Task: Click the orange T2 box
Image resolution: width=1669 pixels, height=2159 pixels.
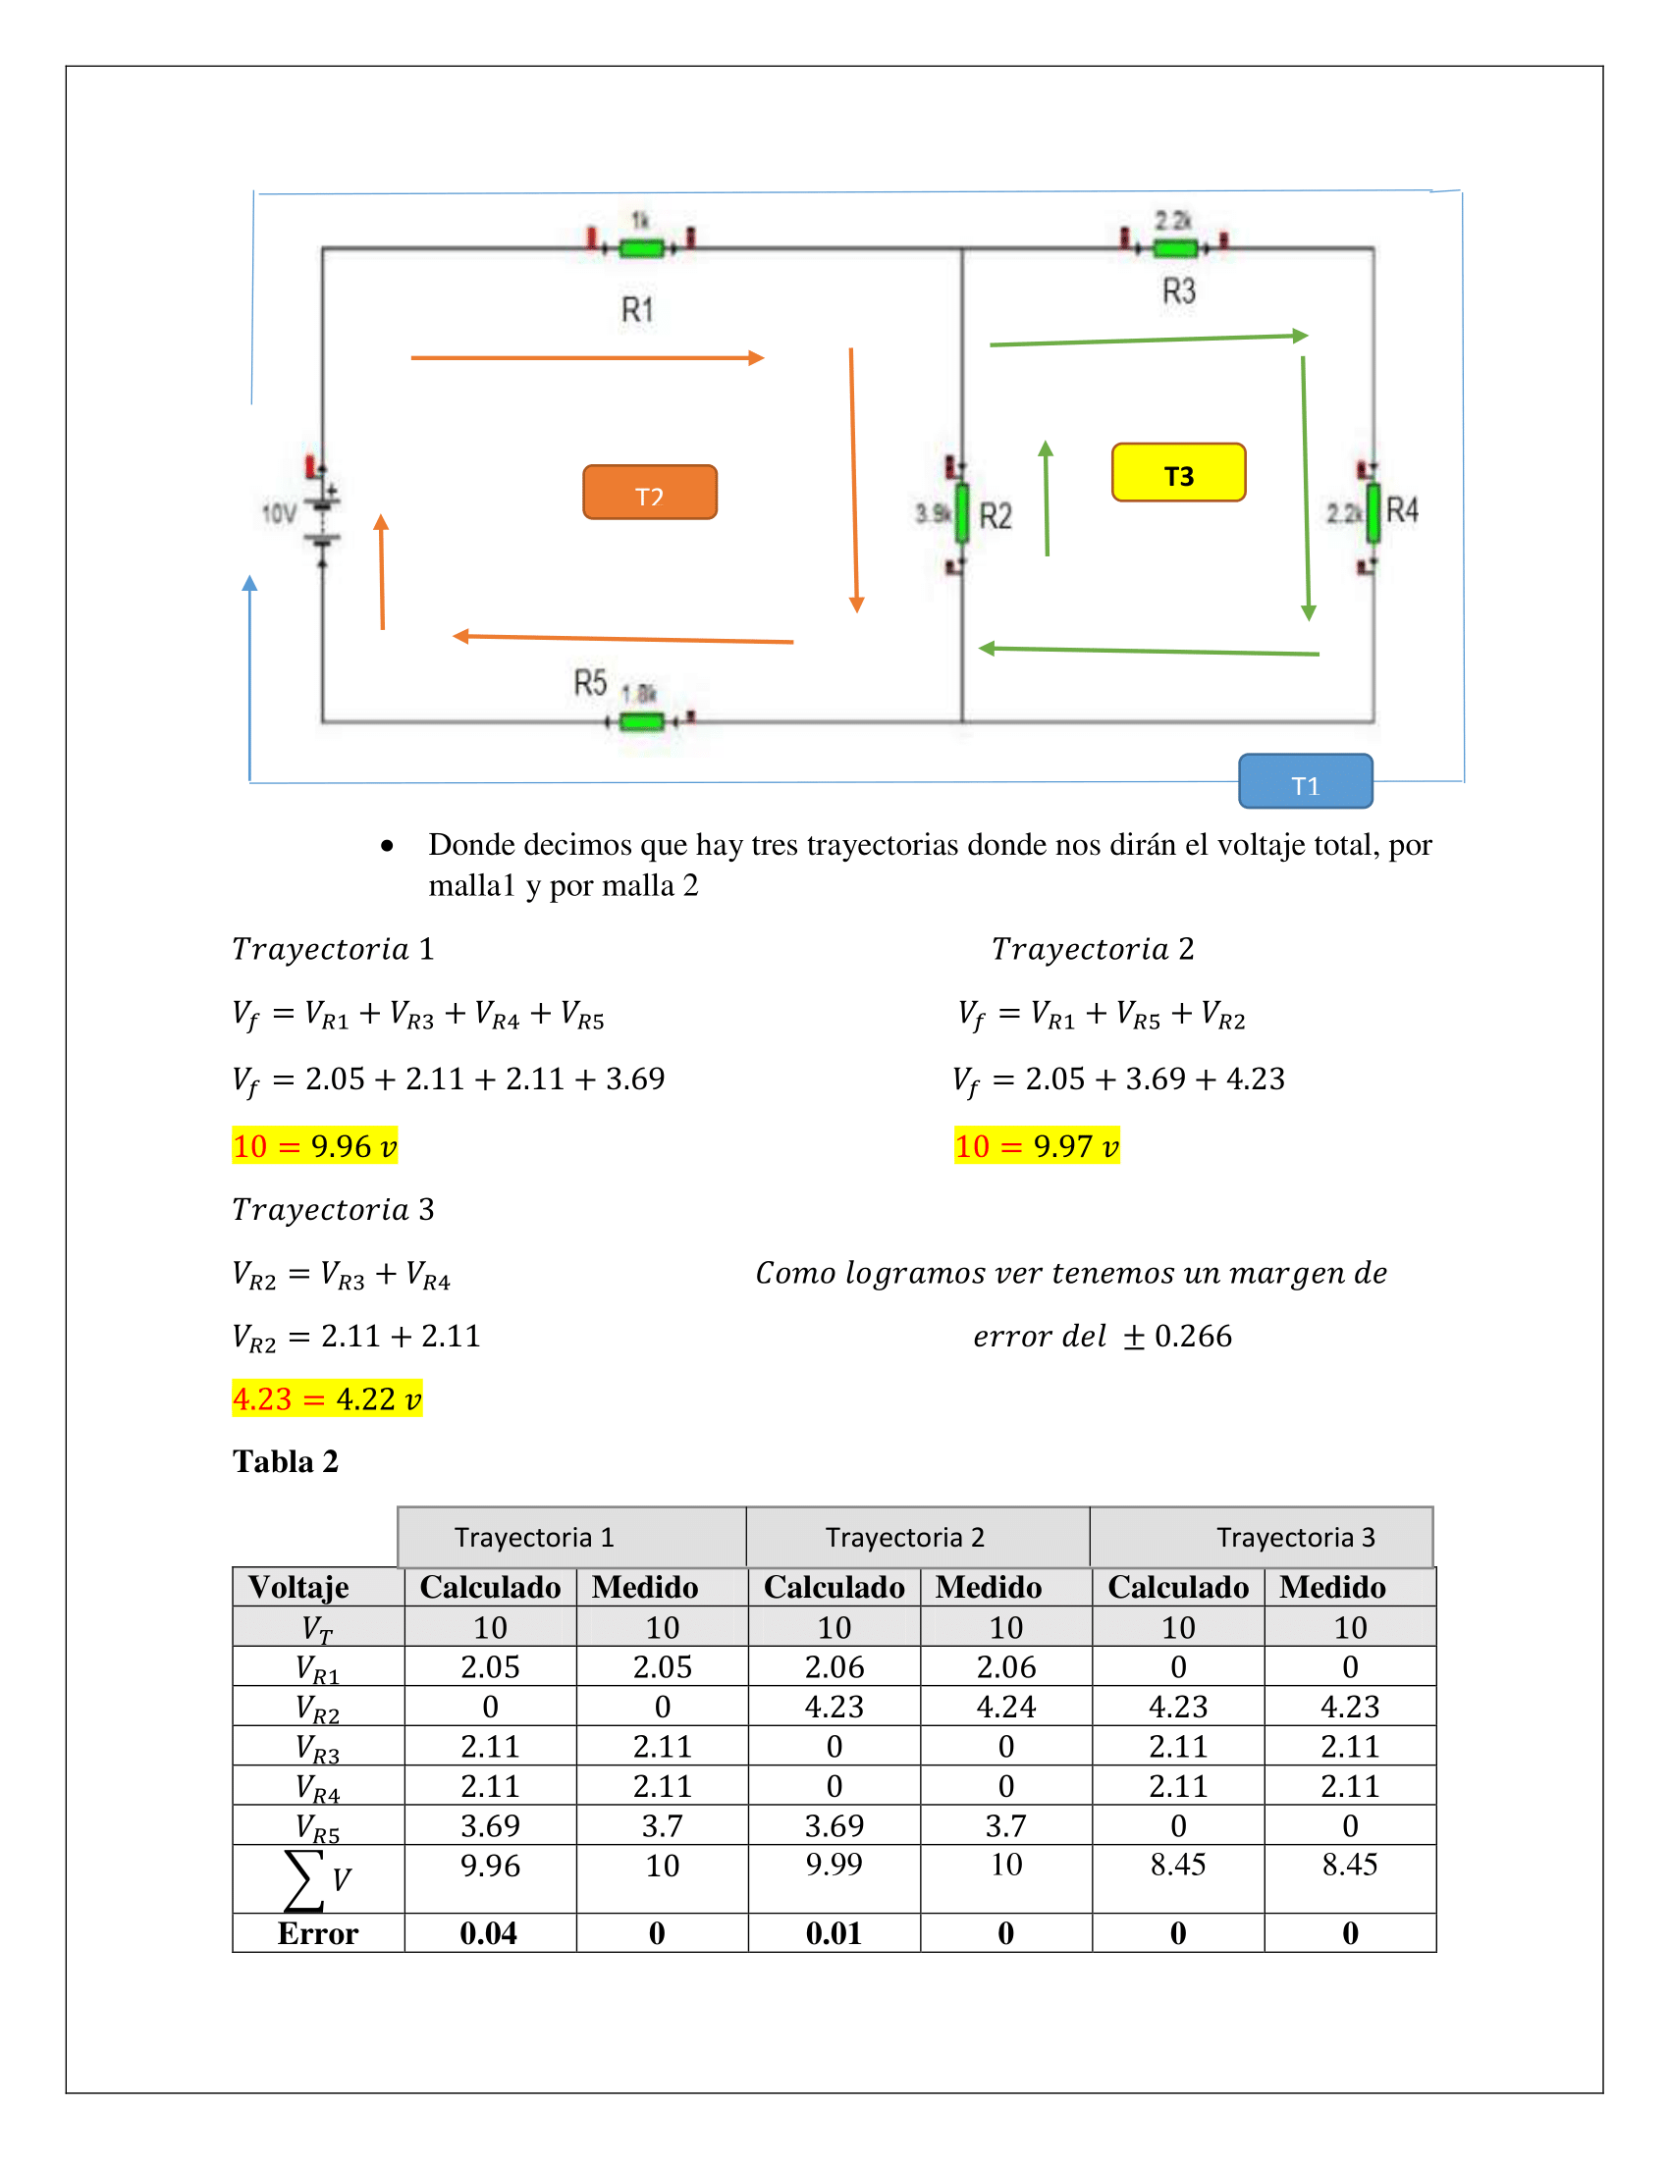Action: (650, 493)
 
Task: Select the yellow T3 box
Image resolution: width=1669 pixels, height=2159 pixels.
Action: (1177, 473)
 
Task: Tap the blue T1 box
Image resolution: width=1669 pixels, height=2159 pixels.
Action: (1305, 781)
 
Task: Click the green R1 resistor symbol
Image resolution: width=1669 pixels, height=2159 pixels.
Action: (641, 247)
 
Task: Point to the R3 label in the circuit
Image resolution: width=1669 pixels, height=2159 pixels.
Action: (1178, 291)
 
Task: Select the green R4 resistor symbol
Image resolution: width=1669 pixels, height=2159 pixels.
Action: (1373, 513)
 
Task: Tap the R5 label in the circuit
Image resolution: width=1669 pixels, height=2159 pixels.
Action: (590, 682)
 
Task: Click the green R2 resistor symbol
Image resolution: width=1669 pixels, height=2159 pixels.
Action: (961, 513)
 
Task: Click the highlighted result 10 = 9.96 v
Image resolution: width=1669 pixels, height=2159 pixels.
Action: (314, 1145)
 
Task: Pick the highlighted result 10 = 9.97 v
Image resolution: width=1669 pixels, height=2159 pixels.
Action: (1036, 1145)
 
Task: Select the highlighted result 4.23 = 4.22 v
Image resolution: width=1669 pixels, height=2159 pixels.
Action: (326, 1398)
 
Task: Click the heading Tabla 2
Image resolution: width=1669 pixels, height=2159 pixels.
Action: (286, 1461)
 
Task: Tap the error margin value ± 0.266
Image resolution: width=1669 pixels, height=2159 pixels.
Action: (1177, 1337)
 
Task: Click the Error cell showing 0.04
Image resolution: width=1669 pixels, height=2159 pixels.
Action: (489, 1933)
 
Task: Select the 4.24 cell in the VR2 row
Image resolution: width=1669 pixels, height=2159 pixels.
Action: (1005, 1708)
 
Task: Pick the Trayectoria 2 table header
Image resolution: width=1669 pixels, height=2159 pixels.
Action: (905, 1537)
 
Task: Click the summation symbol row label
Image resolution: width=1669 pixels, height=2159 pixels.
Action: (316, 1879)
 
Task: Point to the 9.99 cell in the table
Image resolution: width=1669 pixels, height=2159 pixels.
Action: (834, 1865)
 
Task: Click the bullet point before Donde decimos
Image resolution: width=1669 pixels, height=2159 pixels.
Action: (387, 846)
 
